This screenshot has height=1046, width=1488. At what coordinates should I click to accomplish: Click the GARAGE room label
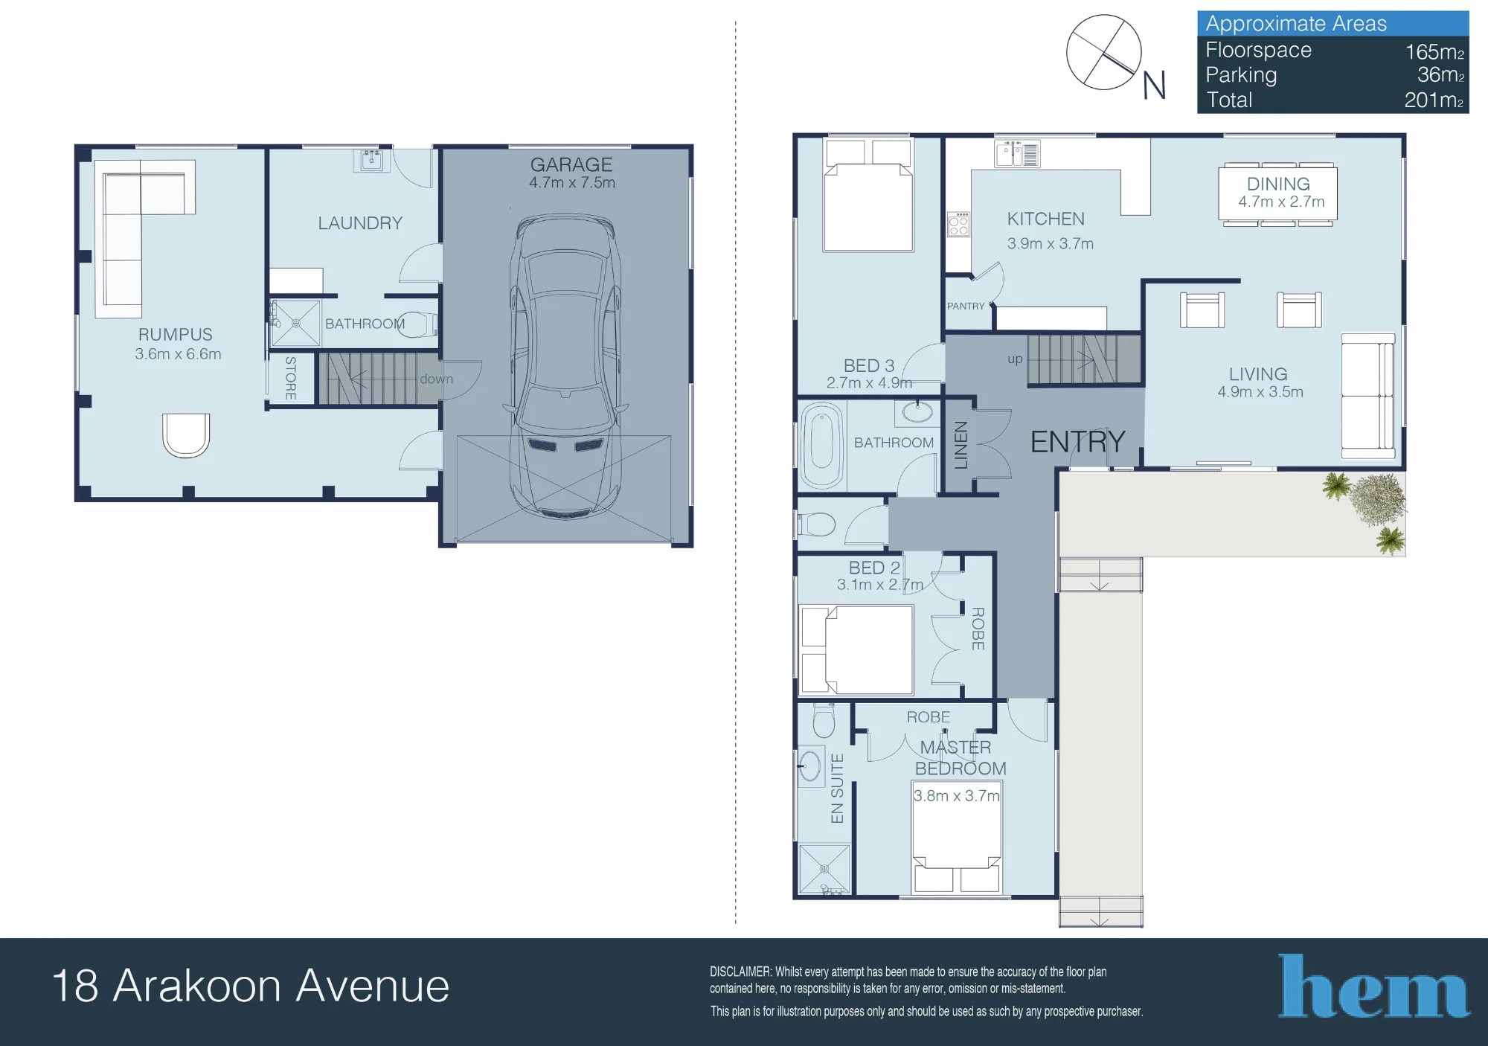pos(571,164)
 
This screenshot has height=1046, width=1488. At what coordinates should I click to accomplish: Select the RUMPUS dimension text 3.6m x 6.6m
pos(178,354)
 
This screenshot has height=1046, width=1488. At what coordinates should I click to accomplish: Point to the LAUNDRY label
pos(360,223)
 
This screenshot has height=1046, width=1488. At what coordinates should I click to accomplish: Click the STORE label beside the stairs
pos(291,379)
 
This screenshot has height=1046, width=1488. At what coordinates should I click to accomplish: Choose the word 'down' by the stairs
pos(436,379)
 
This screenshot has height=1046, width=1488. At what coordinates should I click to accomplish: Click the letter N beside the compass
pos(1154,86)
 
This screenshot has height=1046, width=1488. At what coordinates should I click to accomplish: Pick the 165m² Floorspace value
pos(1434,51)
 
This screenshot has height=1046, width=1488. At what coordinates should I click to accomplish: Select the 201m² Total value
pos(1434,100)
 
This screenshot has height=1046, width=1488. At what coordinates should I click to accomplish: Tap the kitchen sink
pos(1017,154)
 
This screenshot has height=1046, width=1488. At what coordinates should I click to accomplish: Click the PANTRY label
pos(966,306)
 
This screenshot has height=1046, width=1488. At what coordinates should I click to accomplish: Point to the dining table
pos(1277,193)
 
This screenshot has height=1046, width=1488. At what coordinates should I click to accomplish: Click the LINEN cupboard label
pos(961,445)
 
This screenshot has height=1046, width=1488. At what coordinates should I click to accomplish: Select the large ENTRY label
pos(1077,442)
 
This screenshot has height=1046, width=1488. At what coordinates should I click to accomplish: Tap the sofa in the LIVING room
pos(1367,396)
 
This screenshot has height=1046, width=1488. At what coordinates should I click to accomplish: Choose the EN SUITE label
pos(837,789)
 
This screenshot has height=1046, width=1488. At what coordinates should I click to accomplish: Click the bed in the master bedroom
pos(957,837)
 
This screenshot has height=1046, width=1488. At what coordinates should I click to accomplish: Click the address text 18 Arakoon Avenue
pos(251,986)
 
